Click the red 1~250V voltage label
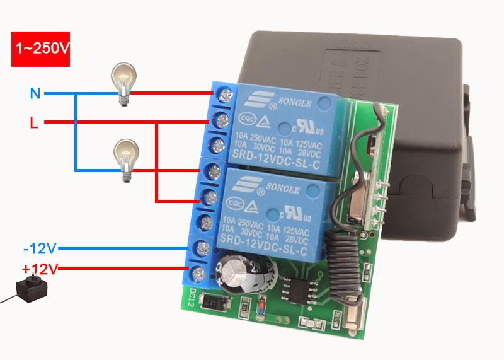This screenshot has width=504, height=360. point(40,48)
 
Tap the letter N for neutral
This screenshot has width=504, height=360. point(35,94)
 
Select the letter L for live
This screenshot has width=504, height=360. point(34,122)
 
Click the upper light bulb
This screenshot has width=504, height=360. point(122,83)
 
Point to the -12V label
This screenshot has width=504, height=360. point(40,248)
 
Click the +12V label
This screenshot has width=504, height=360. point(40,269)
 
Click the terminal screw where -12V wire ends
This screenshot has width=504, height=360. point(202,248)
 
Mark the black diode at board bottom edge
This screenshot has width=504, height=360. point(214,306)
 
